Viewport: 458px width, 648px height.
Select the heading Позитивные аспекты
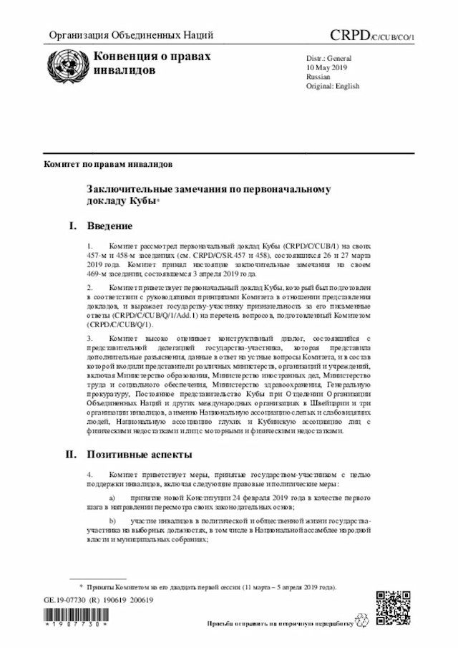[138, 454]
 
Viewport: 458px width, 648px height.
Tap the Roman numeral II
[71, 454]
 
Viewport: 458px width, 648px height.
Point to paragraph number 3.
[90, 337]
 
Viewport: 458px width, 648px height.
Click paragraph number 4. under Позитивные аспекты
[90, 474]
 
